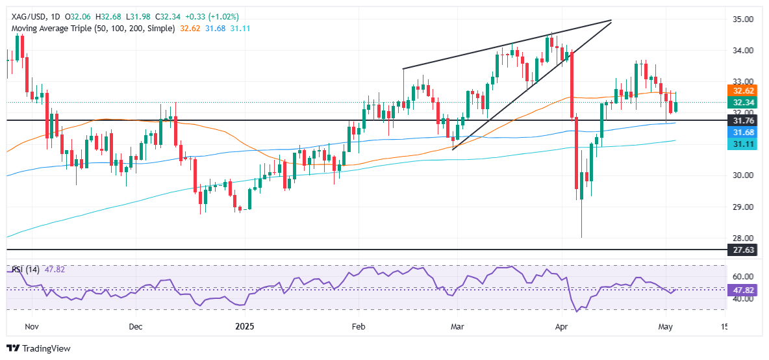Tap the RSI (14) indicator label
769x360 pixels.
[23, 269]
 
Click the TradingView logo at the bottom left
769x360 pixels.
[38, 348]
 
